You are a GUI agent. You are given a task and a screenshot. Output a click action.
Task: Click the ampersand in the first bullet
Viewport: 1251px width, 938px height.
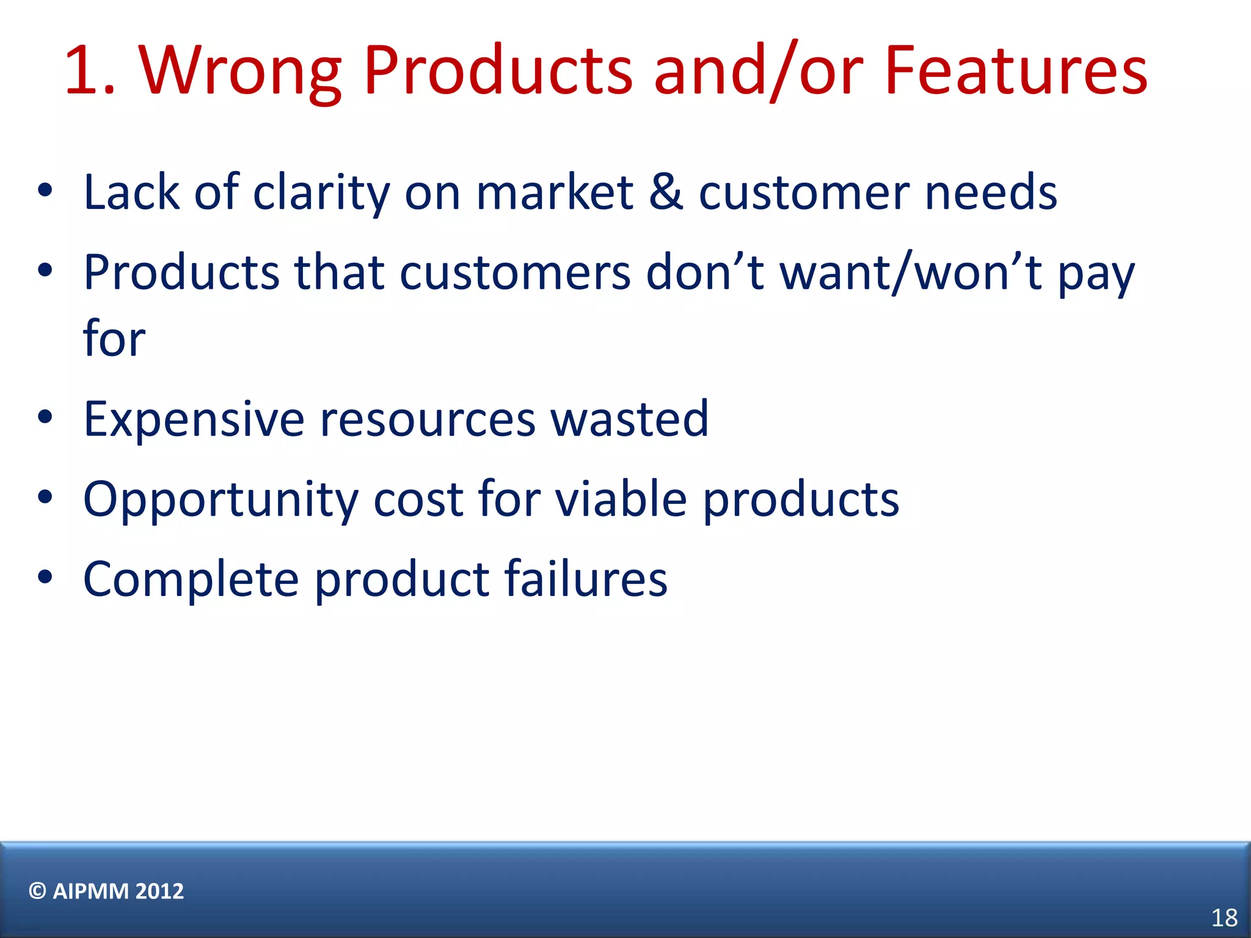[x=665, y=192]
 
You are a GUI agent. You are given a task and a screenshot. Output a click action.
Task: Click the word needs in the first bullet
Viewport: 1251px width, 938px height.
[x=991, y=192]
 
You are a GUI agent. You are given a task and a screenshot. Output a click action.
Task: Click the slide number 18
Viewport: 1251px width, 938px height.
[x=1224, y=918]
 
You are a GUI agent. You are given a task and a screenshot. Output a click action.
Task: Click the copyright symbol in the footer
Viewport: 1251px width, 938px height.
[x=37, y=891]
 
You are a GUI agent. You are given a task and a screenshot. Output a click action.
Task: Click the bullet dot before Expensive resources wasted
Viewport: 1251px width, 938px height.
[x=45, y=418]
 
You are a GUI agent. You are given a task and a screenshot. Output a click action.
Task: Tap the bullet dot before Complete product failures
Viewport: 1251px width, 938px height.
[x=45, y=577]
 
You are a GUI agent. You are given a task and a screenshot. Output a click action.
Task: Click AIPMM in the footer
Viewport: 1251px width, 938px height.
[x=90, y=891]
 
